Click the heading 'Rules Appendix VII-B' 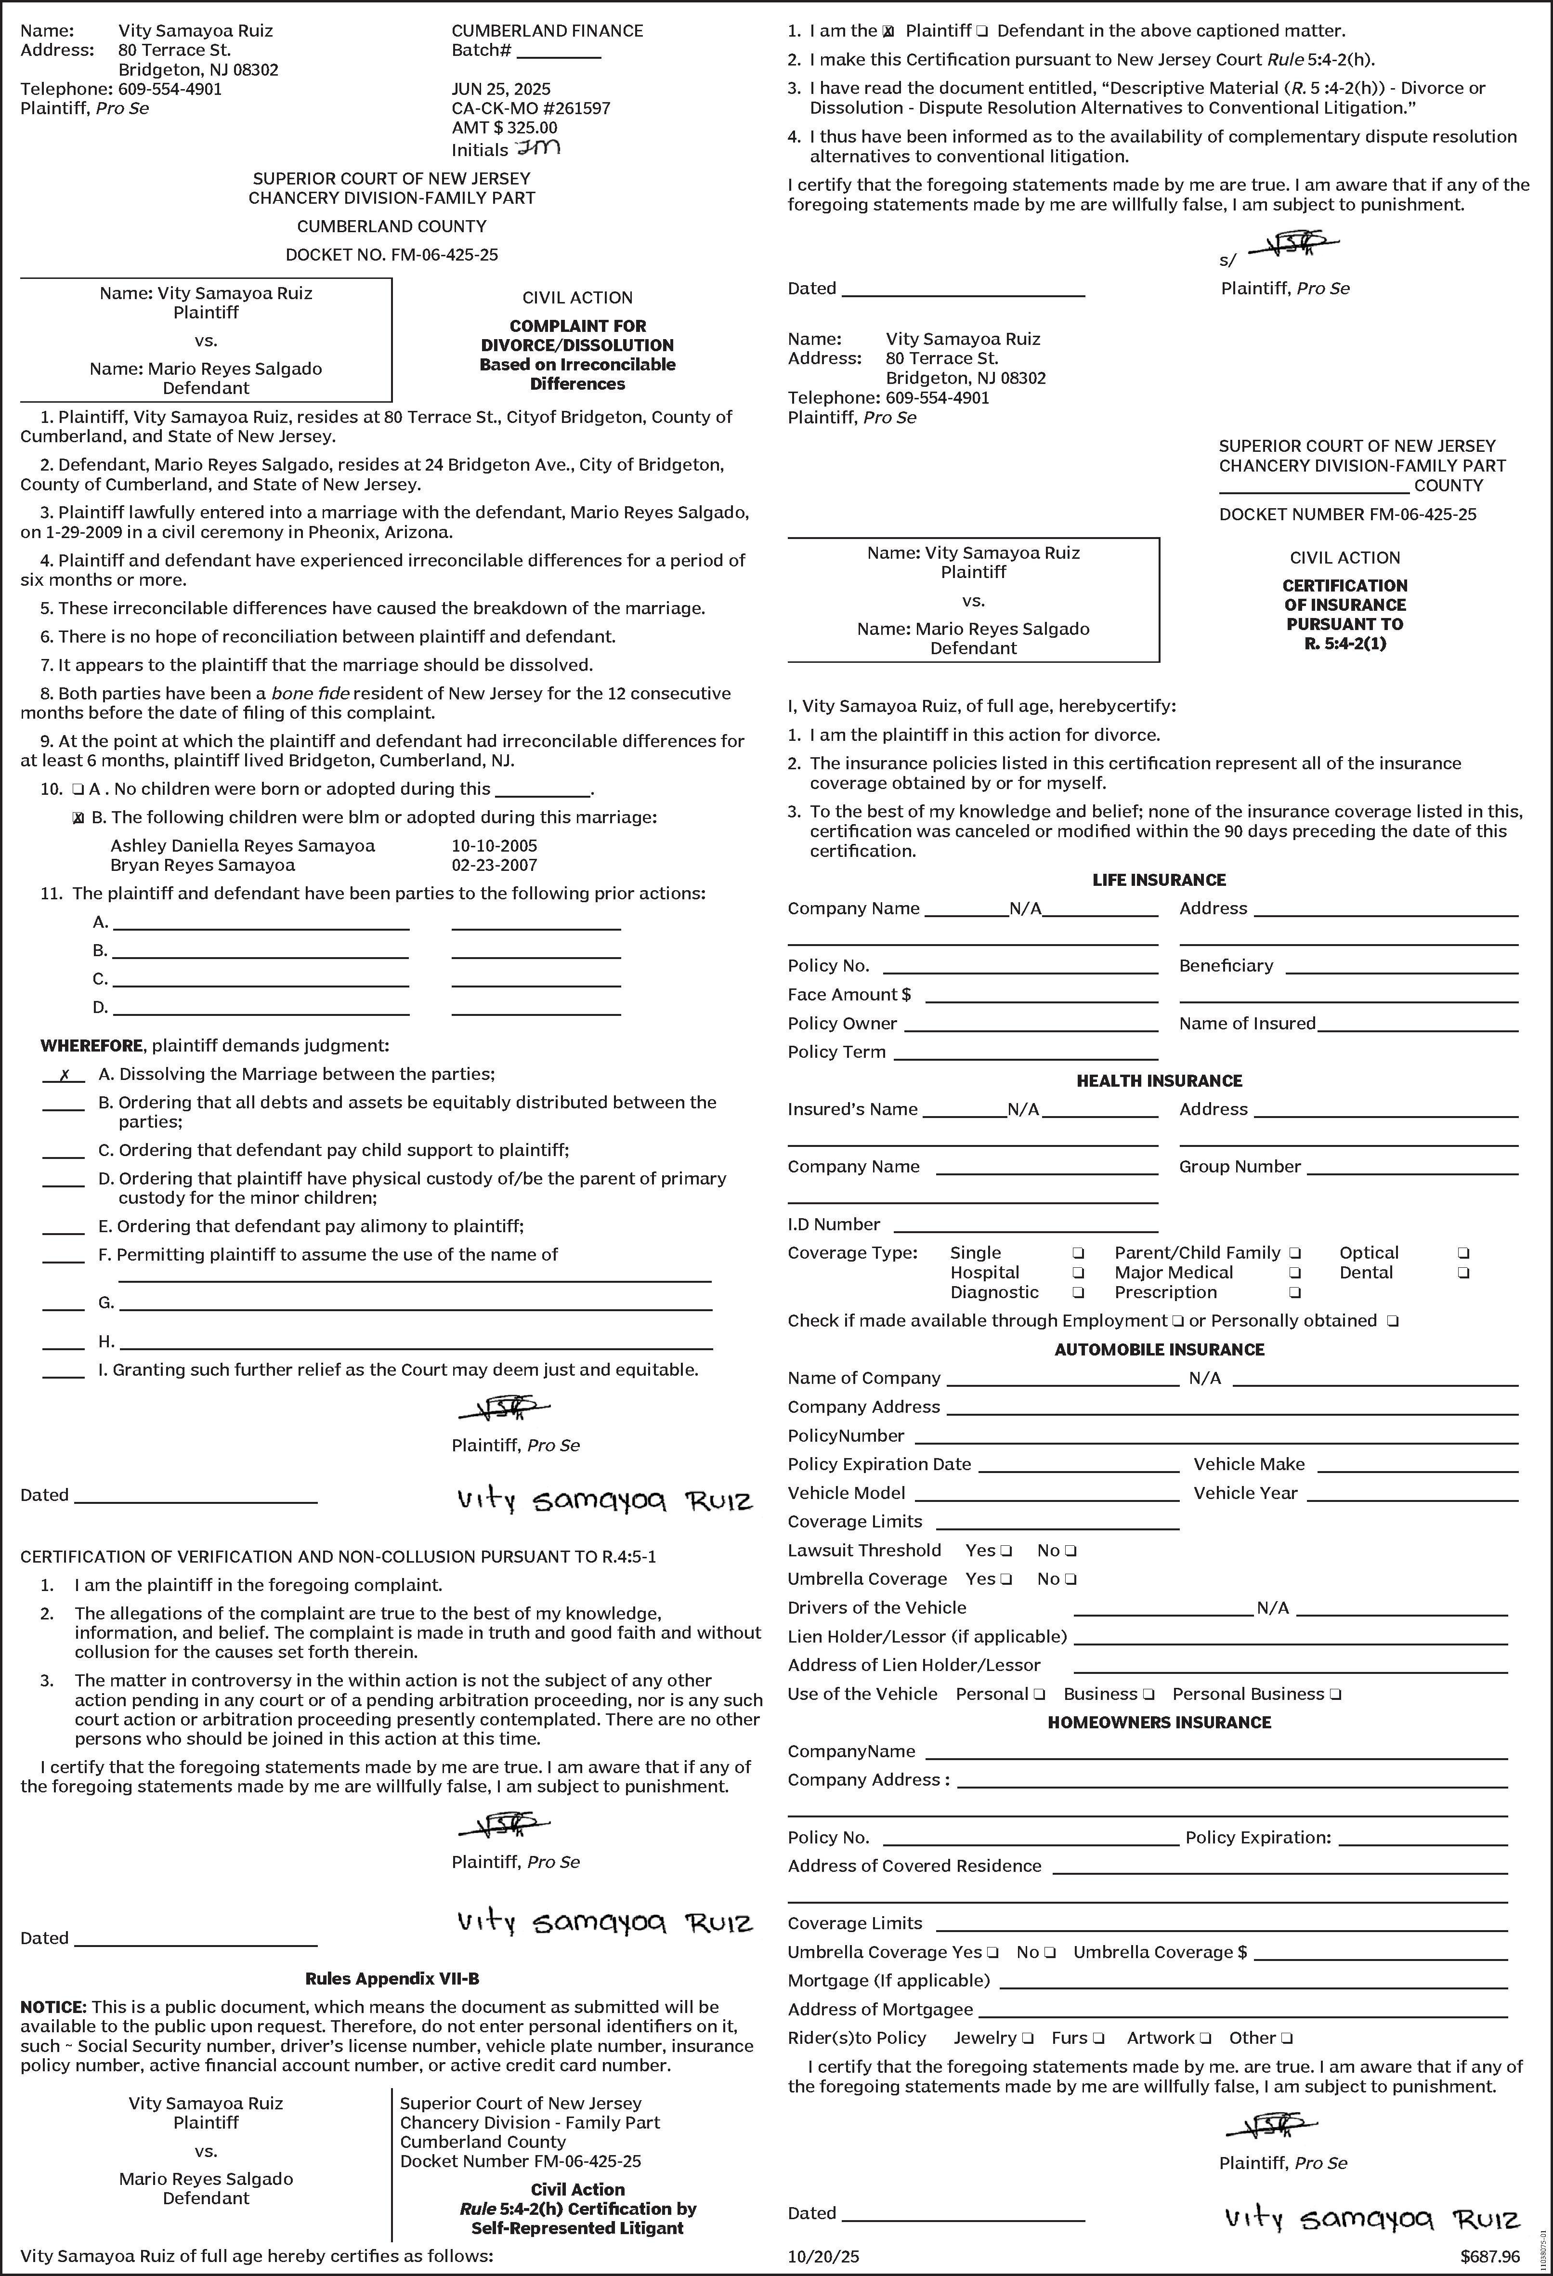click(x=392, y=1978)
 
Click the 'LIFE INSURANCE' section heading click(x=1159, y=880)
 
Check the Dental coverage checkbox click(x=1463, y=1273)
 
